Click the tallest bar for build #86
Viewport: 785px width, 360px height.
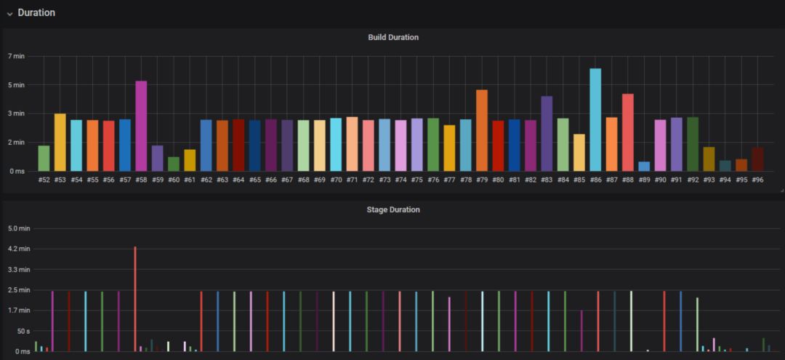tap(595, 120)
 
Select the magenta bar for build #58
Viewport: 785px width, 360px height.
tap(141, 126)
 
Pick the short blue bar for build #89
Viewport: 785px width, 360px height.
tap(644, 167)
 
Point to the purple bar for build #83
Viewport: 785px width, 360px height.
tap(547, 134)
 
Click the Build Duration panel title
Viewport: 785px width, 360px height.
tap(393, 37)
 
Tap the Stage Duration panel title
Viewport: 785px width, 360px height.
tap(393, 209)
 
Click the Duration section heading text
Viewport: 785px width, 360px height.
tap(36, 12)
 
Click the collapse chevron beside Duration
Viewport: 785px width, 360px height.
tap(9, 13)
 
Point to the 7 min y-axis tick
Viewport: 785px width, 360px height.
tap(16, 56)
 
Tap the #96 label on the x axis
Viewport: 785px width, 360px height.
tap(757, 180)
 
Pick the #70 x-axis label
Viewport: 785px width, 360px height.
tap(336, 180)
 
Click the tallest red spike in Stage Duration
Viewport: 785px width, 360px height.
tap(135, 298)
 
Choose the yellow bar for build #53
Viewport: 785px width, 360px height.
tap(60, 143)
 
